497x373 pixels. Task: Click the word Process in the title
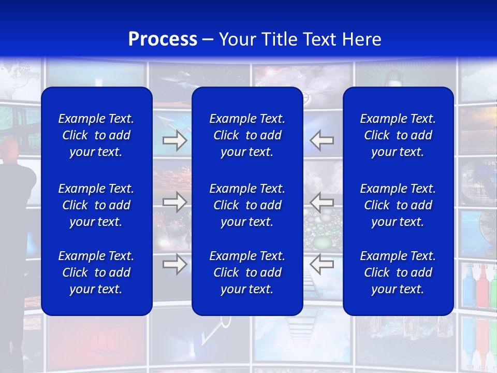click(x=163, y=39)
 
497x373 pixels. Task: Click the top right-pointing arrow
click(x=174, y=140)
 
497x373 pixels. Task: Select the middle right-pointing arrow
click(x=174, y=202)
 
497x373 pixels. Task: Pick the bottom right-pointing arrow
click(x=174, y=264)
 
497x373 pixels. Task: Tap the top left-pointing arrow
click(x=322, y=140)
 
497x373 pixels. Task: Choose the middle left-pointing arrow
click(x=322, y=202)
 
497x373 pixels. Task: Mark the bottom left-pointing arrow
click(x=322, y=264)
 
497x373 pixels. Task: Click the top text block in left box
click(x=96, y=135)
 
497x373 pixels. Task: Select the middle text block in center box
click(x=247, y=205)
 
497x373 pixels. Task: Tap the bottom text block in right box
click(x=398, y=272)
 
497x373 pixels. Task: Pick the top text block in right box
click(x=398, y=135)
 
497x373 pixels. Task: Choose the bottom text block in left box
click(x=96, y=272)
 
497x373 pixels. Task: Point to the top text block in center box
click(x=247, y=135)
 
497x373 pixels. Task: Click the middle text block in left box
click(x=96, y=205)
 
